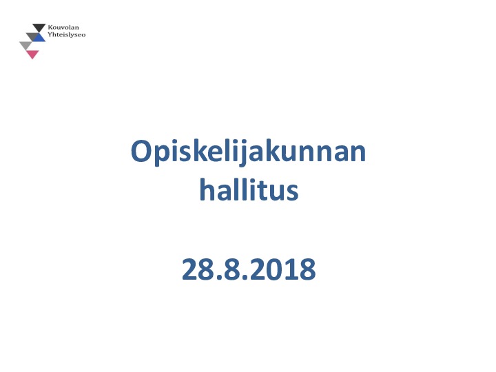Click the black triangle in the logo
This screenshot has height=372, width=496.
click(39, 27)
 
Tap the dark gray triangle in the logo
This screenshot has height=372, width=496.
click(31, 36)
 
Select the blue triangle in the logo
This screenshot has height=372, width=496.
click(39, 38)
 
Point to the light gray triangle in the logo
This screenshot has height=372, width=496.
click(25, 45)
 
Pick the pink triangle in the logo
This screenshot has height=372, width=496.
click(32, 54)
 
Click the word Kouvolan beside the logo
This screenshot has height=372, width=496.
click(63, 28)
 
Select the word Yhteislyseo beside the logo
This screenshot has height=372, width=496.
click(67, 34)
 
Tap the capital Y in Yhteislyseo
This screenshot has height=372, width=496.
click(50, 34)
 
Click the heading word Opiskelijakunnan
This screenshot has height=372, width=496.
click(248, 152)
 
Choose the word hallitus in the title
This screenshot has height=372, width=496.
click(249, 189)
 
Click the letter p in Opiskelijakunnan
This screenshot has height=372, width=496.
click(161, 156)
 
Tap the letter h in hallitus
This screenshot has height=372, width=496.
click(208, 189)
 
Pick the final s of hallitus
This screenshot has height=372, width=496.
click(293, 193)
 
